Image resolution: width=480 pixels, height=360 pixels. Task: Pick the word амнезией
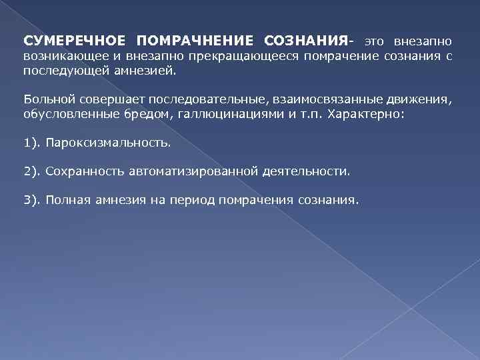click(153, 71)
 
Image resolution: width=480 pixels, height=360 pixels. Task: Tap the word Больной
click(45, 99)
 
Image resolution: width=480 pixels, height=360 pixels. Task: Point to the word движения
click(421, 99)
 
